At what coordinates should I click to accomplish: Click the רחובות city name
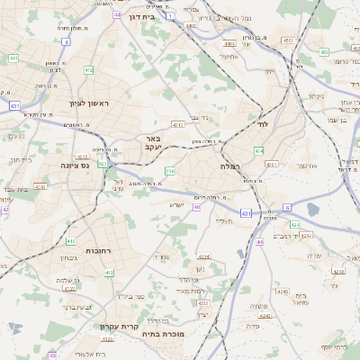click(x=97, y=249)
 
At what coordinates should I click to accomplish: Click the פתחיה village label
click(x=257, y=305)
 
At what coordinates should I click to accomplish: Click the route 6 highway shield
click(x=287, y=208)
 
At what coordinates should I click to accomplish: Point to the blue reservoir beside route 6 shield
click(x=312, y=210)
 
